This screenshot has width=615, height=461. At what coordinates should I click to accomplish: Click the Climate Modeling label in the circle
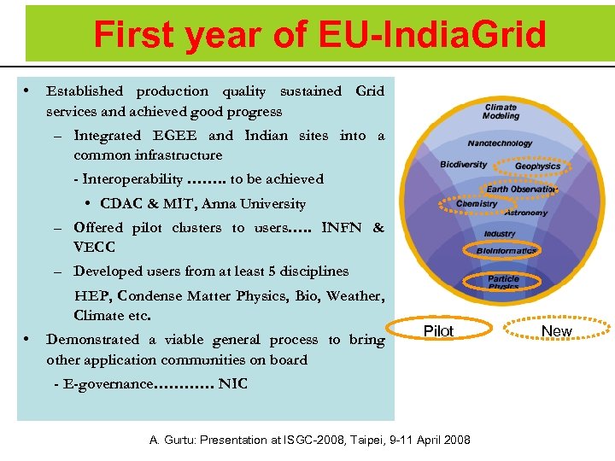tap(501, 111)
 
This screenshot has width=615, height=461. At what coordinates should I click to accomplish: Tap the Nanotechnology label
tap(500, 143)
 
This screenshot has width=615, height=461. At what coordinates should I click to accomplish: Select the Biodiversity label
tap(464, 164)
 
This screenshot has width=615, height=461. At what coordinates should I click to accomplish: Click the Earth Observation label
tap(521, 190)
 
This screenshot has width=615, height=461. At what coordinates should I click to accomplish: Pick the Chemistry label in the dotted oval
tap(477, 204)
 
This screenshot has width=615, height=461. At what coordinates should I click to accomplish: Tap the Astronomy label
tap(525, 212)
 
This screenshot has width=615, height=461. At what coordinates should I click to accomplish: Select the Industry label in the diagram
tap(500, 233)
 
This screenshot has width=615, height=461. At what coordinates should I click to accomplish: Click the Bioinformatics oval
tap(507, 251)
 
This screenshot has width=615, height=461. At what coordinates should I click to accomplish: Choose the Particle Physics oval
tap(503, 282)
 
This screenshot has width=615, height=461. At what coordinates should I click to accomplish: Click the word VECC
tap(94, 248)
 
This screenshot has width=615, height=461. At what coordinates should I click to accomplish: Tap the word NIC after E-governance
tap(232, 384)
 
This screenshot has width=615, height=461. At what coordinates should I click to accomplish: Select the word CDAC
tap(123, 204)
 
